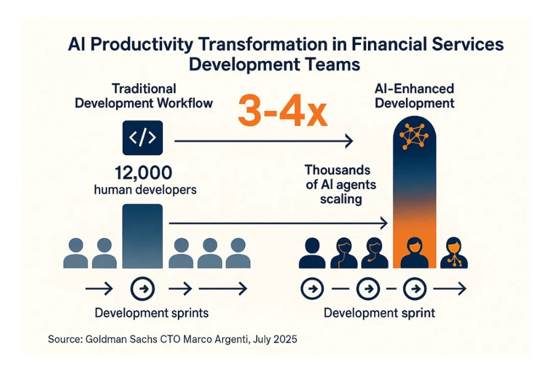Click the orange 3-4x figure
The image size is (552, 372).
point(283,111)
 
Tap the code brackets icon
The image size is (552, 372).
point(143,137)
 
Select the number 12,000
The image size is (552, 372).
point(144,173)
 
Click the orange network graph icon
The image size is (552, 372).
point(414,136)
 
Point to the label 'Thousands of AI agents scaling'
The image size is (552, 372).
point(340,184)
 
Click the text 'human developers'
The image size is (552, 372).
point(145,190)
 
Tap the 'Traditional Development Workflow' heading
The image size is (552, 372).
point(144,96)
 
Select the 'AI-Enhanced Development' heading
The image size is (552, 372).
point(415,96)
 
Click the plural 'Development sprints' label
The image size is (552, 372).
point(151,313)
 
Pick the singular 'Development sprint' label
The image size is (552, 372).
point(379,313)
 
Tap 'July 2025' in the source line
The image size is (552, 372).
point(275,339)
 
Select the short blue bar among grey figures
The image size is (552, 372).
point(143,236)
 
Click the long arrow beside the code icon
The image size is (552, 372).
point(264,141)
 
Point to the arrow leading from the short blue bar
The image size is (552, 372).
point(278,223)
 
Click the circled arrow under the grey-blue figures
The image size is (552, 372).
point(143,289)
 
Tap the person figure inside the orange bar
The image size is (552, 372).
point(415,252)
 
